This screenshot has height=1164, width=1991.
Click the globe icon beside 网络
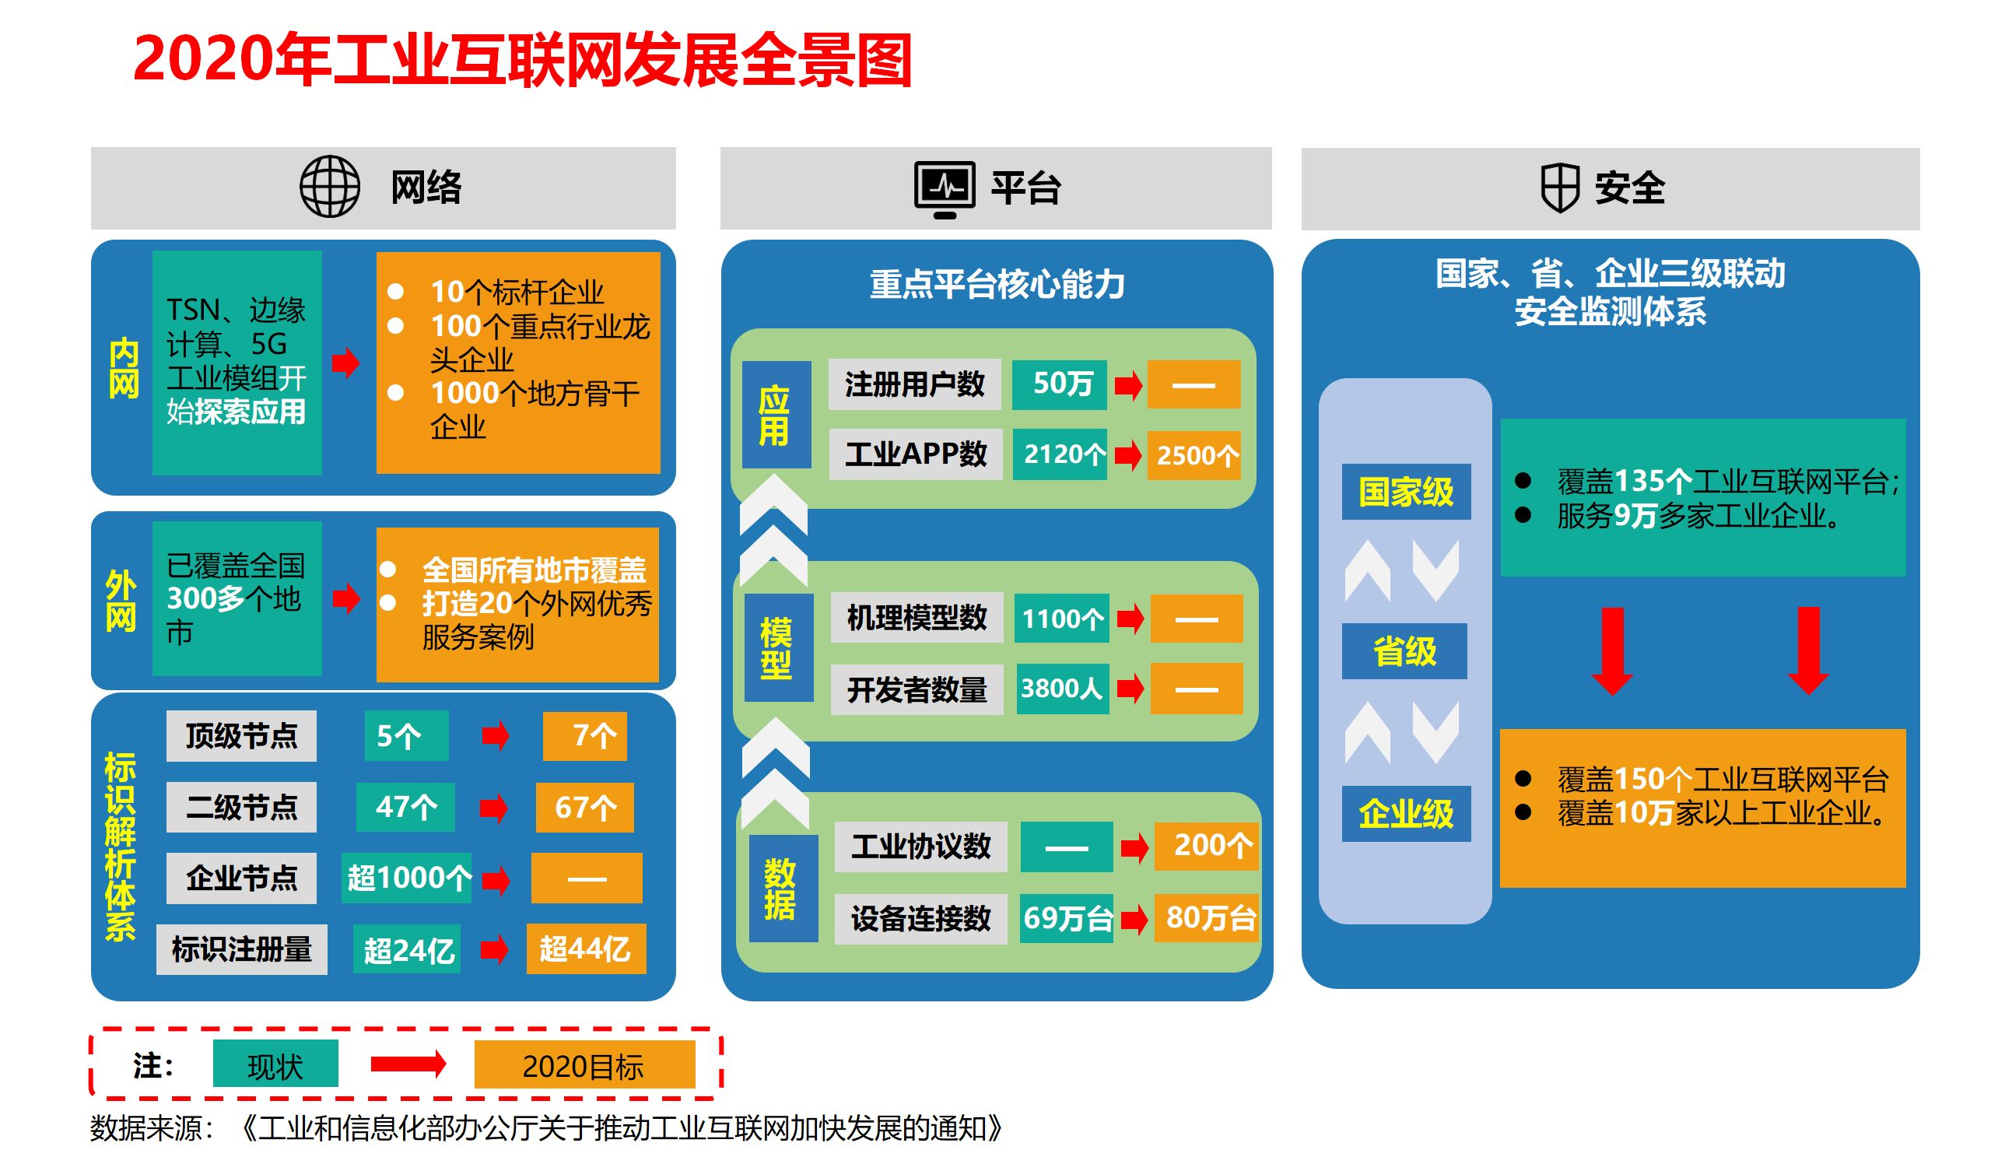[x=329, y=187]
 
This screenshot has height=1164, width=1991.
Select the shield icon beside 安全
[x=1560, y=188]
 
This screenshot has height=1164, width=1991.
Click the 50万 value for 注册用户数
[x=1059, y=385]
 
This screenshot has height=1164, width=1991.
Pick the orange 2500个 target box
[x=1194, y=455]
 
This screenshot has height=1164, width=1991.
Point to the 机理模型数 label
[x=917, y=618]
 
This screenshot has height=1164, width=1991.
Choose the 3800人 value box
[x=1062, y=689]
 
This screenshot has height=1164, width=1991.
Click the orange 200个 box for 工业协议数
[x=1206, y=846]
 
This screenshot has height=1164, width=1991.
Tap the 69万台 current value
[x=1067, y=918]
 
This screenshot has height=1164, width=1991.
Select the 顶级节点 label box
[x=241, y=736]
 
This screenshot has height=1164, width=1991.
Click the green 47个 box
[x=405, y=807]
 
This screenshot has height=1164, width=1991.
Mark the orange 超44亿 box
[x=585, y=949]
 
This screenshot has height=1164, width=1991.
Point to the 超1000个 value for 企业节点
[x=407, y=878]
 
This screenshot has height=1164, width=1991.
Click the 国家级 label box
[x=1406, y=492]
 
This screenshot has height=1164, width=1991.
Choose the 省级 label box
[x=1404, y=651]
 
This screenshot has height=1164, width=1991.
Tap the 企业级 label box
[x=1406, y=813]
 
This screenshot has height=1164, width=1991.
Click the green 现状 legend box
[x=275, y=1064]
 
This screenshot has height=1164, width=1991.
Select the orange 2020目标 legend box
[x=584, y=1064]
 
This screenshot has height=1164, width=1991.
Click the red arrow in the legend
[x=408, y=1064]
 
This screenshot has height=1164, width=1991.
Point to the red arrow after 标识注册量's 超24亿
[x=495, y=949]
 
